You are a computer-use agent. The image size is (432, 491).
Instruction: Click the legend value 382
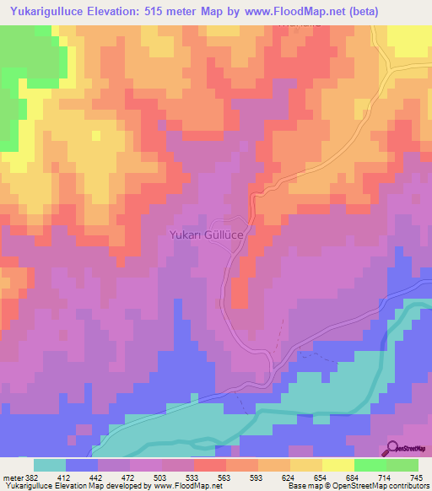31,477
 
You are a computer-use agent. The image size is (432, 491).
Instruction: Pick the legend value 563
222,477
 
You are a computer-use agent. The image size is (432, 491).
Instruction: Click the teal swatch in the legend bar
50,465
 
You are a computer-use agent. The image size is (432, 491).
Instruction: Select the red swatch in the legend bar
209,465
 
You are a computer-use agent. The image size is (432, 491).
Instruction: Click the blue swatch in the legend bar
82,465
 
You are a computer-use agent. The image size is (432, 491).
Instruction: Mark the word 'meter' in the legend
12,477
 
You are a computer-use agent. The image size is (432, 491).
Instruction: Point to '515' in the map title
154,12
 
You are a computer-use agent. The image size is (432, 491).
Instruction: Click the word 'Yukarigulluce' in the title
44,12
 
